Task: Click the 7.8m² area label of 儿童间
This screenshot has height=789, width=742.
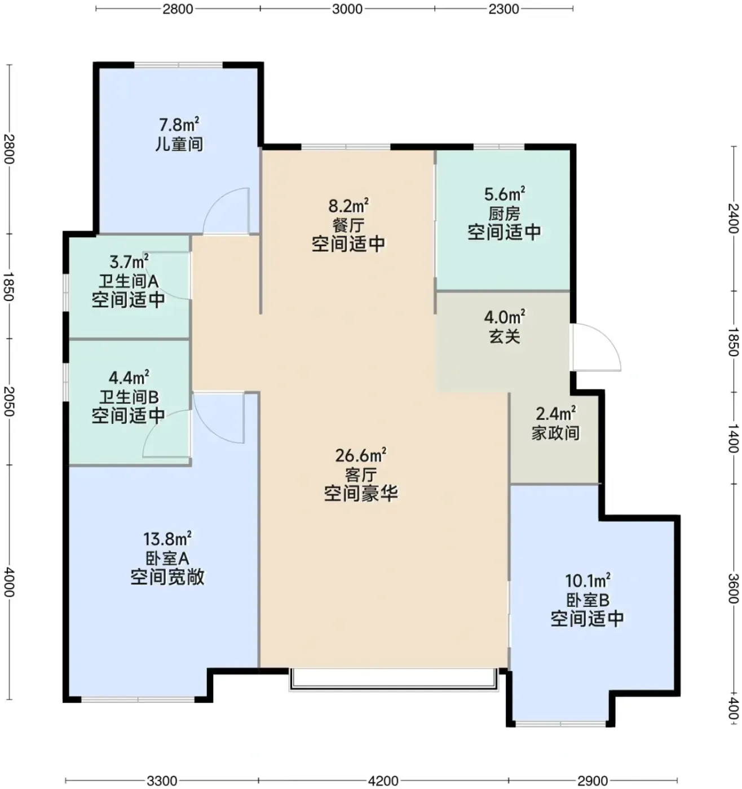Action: (x=179, y=125)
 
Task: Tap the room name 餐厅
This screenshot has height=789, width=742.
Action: (x=348, y=225)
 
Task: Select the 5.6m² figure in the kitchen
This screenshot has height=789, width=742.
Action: (x=504, y=194)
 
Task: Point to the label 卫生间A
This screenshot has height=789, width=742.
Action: (x=129, y=281)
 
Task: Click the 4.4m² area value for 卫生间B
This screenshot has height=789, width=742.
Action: (x=129, y=378)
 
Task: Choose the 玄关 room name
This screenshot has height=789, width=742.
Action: (x=505, y=337)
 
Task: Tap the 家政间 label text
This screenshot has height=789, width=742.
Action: (x=555, y=433)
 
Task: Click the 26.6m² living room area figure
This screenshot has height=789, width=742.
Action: (x=361, y=455)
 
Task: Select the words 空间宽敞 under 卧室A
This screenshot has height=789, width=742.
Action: (x=167, y=577)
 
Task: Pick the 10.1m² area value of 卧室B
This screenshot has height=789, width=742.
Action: (x=588, y=581)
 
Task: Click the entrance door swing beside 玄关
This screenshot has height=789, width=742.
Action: (x=597, y=347)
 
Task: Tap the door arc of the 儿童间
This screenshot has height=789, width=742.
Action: (x=226, y=211)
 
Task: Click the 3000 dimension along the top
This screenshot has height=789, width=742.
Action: (x=347, y=9)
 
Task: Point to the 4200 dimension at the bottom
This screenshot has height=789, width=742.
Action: (x=383, y=781)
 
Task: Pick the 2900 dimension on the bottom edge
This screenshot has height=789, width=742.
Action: (x=593, y=781)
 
